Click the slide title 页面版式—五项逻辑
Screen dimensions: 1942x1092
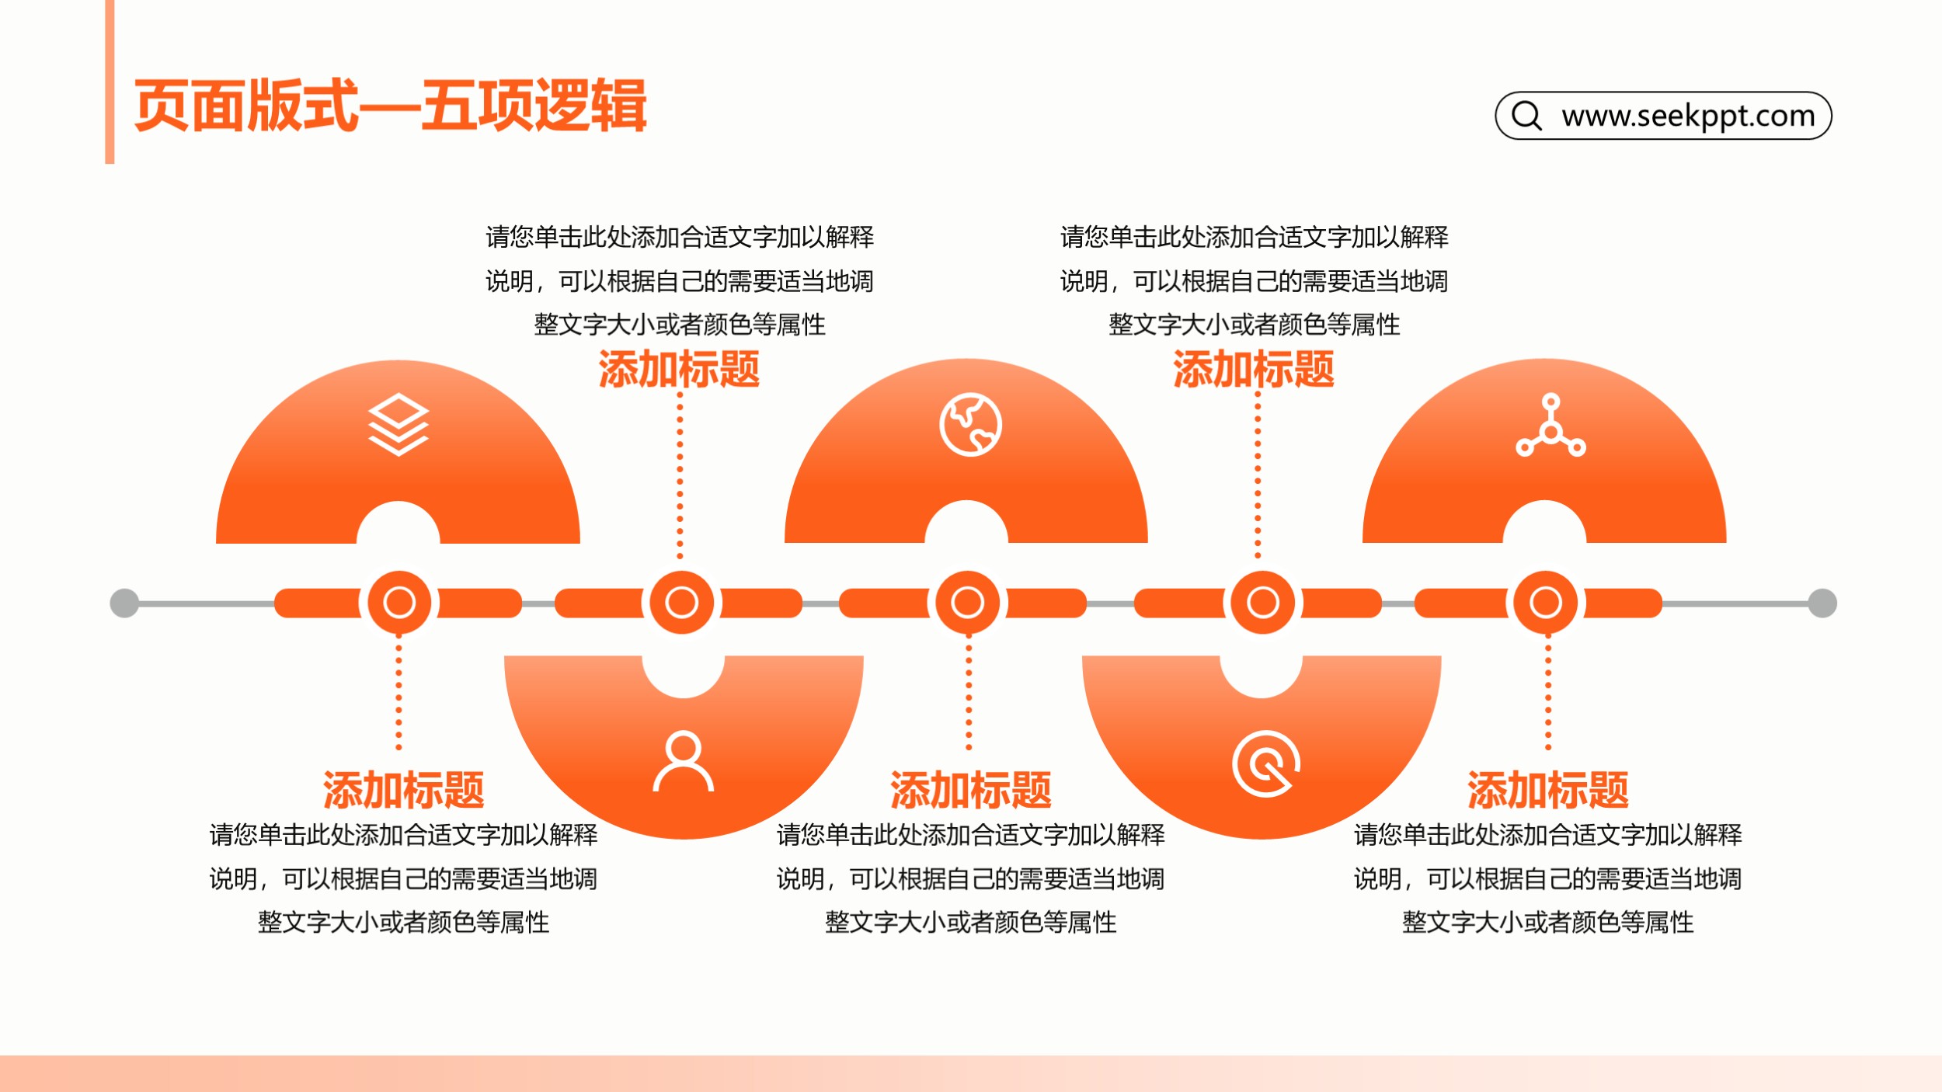(x=390, y=106)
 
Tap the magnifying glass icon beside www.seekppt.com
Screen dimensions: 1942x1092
(x=1526, y=115)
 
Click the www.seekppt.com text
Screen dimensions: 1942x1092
(x=1688, y=116)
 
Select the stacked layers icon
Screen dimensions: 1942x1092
(x=398, y=424)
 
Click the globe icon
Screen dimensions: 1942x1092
(x=970, y=425)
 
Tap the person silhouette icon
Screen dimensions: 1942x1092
(x=683, y=761)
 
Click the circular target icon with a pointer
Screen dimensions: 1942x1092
(x=1266, y=764)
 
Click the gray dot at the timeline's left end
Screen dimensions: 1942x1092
(x=124, y=603)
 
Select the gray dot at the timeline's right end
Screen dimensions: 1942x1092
(x=1822, y=603)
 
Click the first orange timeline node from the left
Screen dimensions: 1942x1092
(x=399, y=603)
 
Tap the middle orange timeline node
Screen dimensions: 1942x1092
(x=967, y=603)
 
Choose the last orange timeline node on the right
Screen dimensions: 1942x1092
(x=1546, y=603)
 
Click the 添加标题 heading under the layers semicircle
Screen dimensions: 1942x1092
(x=404, y=791)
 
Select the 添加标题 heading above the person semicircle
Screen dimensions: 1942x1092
(x=679, y=369)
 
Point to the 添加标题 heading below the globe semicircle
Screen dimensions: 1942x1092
(x=971, y=791)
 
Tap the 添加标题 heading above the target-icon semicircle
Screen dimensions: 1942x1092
(x=1254, y=369)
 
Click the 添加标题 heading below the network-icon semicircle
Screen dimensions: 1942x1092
(x=1548, y=791)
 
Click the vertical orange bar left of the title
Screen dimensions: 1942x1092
(x=110, y=82)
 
